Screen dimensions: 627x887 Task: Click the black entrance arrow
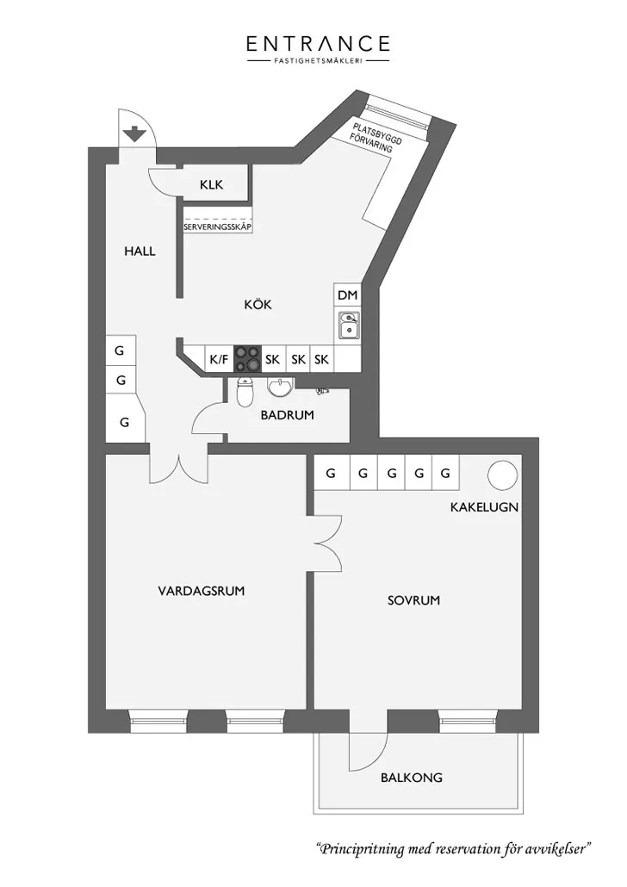(x=134, y=134)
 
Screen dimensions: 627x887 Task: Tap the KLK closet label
(x=212, y=184)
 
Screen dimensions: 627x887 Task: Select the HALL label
(x=140, y=251)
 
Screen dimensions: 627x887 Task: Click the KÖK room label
(x=258, y=304)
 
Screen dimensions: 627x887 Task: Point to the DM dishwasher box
(x=347, y=295)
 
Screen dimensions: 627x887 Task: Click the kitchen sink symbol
(x=349, y=325)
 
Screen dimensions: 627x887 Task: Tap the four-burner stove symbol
(x=248, y=358)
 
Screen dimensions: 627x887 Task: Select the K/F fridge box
(x=219, y=358)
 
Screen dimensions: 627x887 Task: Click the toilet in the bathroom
(x=245, y=392)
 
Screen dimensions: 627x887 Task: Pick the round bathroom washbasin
(x=280, y=388)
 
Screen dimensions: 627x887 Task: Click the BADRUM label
(x=287, y=415)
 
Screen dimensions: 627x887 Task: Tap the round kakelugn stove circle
(x=502, y=475)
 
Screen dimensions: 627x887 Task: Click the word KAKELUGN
(x=484, y=507)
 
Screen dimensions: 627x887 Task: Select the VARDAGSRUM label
(x=202, y=591)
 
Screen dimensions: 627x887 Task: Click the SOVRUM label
(x=413, y=600)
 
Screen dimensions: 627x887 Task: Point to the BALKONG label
(x=412, y=778)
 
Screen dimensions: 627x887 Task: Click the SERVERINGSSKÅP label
(x=218, y=226)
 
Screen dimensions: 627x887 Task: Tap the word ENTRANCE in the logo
(x=318, y=44)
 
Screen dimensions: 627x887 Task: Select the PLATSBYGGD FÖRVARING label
(x=375, y=137)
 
